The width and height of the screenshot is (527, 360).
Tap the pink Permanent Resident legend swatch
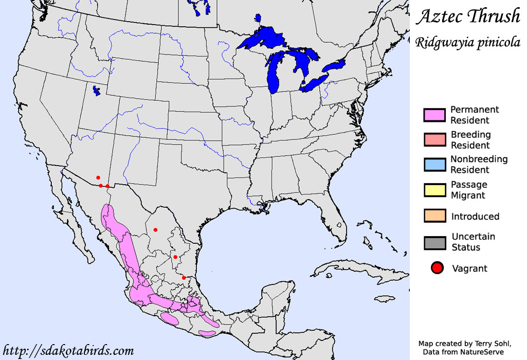[434, 115]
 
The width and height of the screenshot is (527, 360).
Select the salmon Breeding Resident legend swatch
[434, 140]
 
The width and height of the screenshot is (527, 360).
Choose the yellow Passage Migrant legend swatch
[434, 190]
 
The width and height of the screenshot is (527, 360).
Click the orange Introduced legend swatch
[434, 216]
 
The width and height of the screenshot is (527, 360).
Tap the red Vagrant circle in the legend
[437, 268]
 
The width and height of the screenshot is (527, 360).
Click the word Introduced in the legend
[475, 217]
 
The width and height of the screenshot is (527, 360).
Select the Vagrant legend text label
[469, 268]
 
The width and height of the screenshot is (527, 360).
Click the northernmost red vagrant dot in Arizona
[98, 177]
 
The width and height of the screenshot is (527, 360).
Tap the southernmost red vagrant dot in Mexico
[184, 278]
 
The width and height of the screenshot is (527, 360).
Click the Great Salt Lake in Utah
[96, 91]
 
